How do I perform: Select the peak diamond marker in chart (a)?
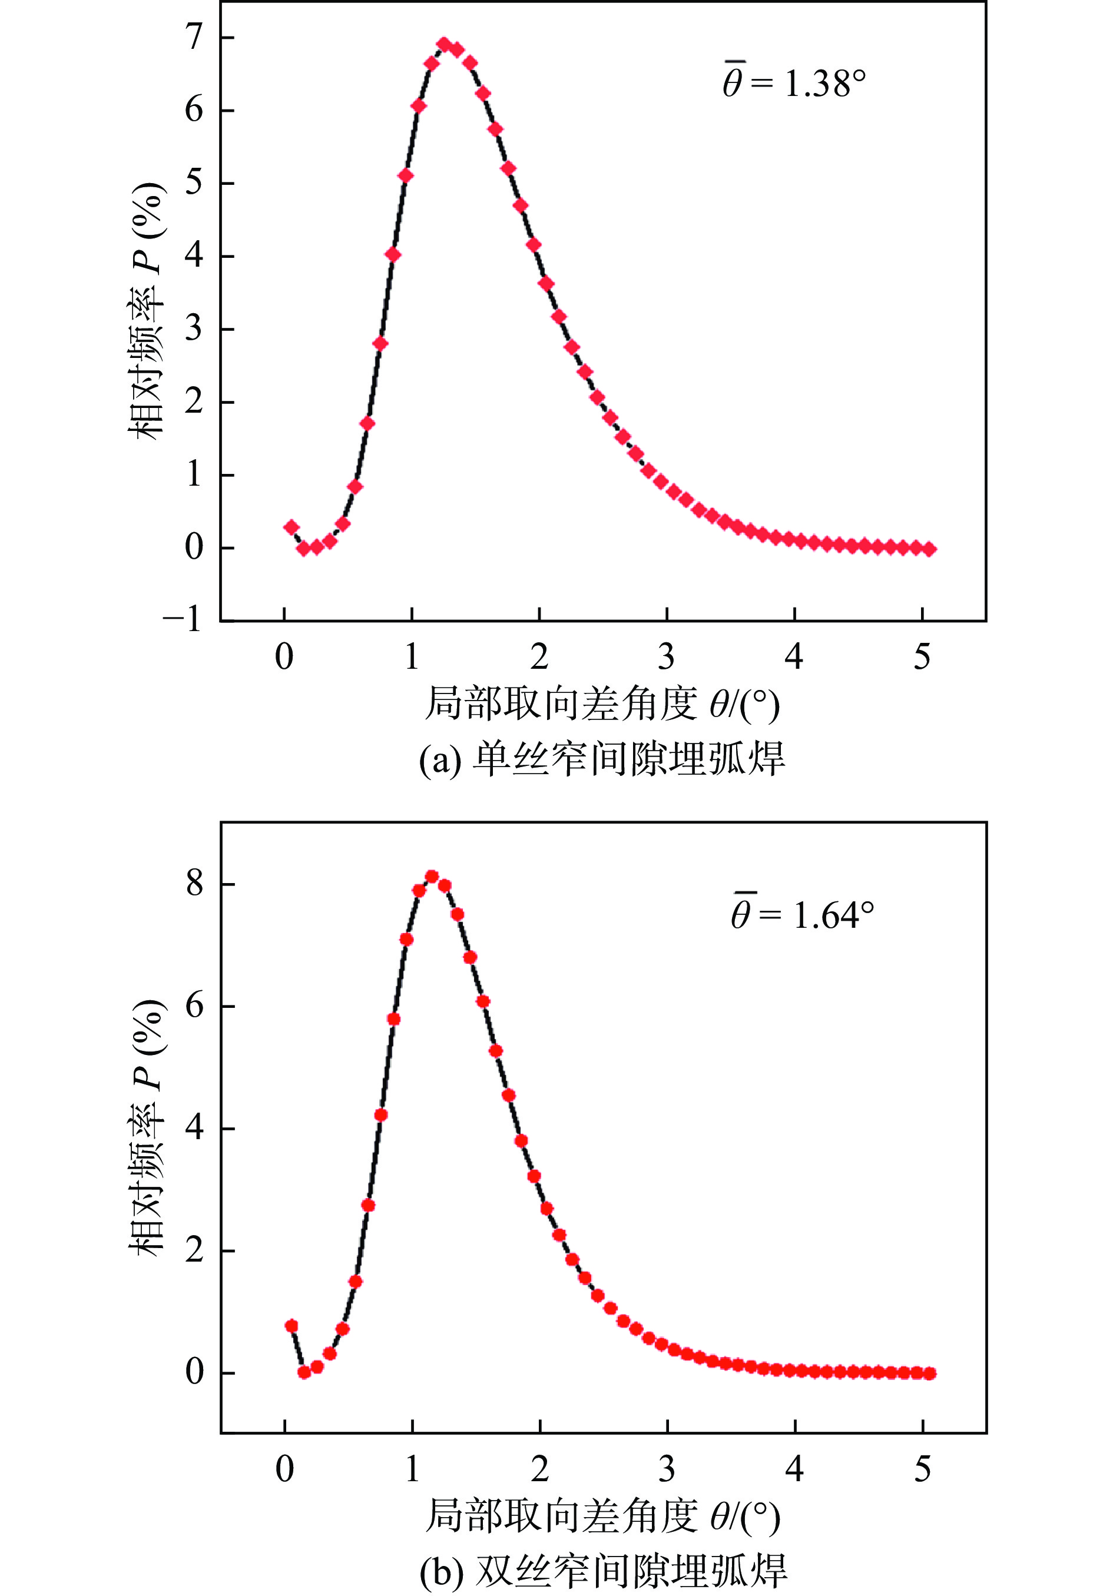[444, 45]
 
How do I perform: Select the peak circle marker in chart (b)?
[432, 877]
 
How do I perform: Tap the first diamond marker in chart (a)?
[291, 527]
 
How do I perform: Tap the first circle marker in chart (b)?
[291, 1326]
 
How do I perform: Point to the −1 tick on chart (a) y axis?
[182, 619]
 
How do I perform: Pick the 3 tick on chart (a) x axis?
[666, 657]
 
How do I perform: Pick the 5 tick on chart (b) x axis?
[922, 1469]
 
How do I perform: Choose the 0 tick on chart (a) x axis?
[284, 657]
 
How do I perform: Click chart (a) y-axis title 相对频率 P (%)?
[147, 311]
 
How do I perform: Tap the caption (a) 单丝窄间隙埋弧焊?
[602, 759]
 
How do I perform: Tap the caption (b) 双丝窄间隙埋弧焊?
[602, 1570]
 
